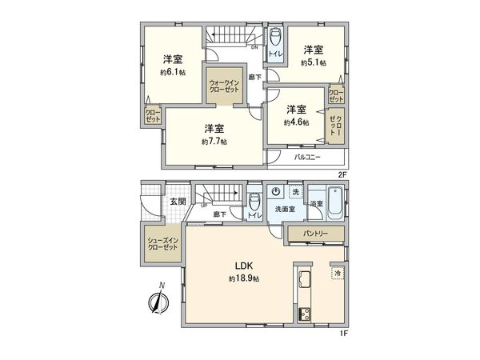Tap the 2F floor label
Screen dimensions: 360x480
coord(341,174)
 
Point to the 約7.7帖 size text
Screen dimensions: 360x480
coord(214,140)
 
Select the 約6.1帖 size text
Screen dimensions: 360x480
coord(170,70)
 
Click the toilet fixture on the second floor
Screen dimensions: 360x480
coord(275,37)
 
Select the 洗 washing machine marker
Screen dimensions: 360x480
coord(295,193)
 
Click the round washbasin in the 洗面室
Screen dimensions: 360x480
coord(275,193)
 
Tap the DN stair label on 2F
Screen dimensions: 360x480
coord(254,48)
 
